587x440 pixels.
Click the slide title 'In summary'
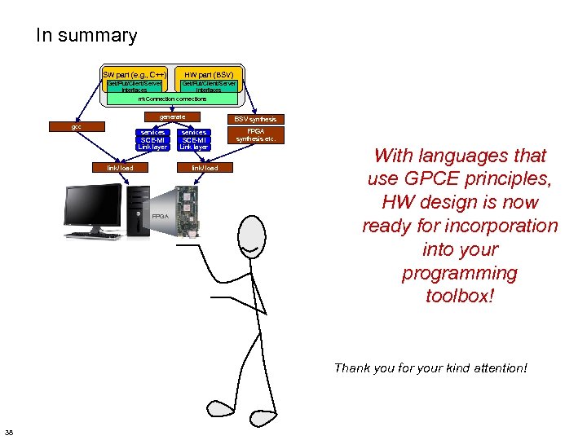click(86, 36)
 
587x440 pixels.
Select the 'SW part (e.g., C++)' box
click(135, 73)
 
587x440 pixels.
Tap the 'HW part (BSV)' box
click(209, 73)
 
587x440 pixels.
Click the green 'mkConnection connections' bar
click(172, 99)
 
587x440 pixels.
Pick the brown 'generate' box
click(172, 117)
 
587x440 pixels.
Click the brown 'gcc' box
click(76, 127)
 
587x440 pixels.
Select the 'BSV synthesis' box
click(255, 119)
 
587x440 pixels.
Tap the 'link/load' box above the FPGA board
click(205, 168)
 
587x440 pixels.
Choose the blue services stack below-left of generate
click(152, 139)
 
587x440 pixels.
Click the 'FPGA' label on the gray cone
click(161, 217)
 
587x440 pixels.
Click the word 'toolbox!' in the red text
click(460, 296)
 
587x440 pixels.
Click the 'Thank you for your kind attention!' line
click(430, 368)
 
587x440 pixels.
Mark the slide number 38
click(9, 431)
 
